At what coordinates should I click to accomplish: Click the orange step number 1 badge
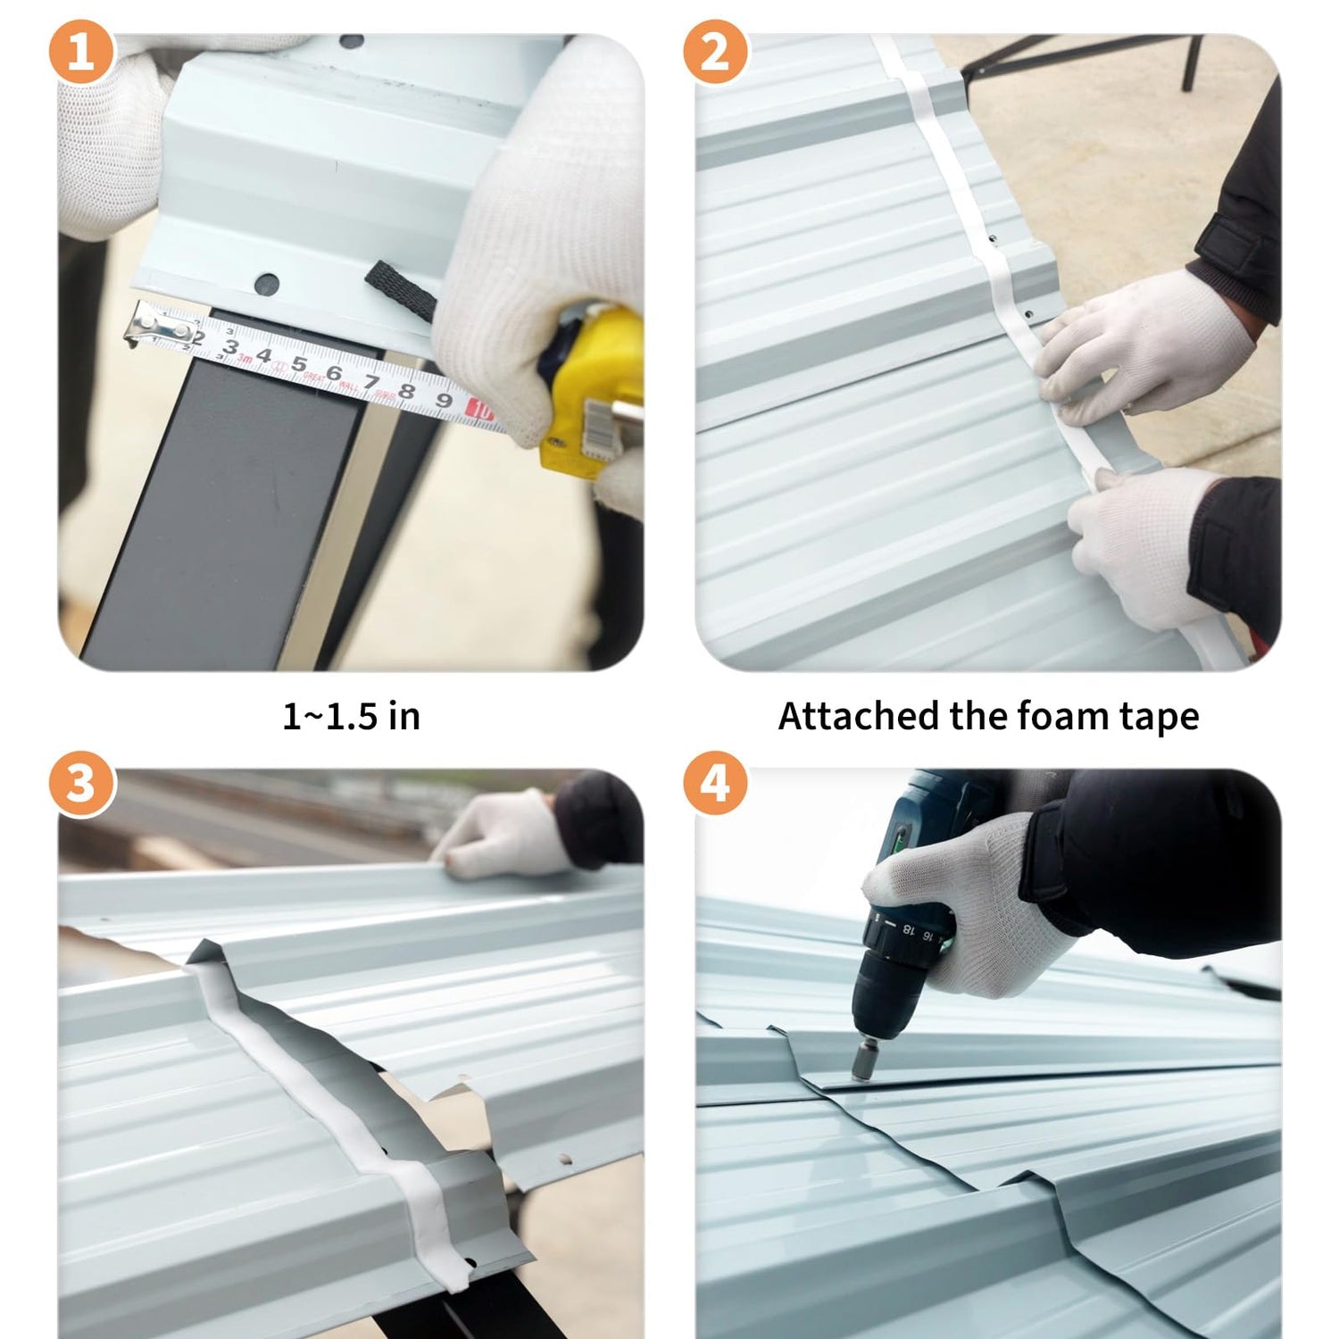(x=81, y=53)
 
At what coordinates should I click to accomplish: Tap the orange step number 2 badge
(x=715, y=53)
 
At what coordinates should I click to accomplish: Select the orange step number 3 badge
(x=81, y=784)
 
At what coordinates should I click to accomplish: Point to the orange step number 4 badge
(x=715, y=784)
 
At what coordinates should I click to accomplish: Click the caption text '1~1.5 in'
(x=351, y=716)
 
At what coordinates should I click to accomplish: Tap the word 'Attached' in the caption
(x=858, y=716)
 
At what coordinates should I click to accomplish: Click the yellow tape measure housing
(x=590, y=388)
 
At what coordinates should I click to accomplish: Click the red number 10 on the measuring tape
(x=480, y=412)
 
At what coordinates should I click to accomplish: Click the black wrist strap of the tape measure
(x=401, y=291)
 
